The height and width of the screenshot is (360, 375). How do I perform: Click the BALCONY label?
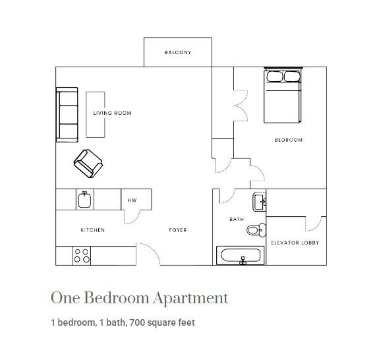click(x=178, y=52)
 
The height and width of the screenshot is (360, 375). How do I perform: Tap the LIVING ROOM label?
click(x=112, y=113)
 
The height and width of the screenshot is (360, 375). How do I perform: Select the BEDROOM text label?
click(x=288, y=140)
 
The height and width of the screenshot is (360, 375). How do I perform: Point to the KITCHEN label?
click(x=92, y=230)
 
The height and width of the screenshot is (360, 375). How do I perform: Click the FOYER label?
click(x=177, y=230)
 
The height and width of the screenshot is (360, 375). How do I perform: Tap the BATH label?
click(x=237, y=220)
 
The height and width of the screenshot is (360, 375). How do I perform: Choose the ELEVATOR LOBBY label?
click(x=295, y=243)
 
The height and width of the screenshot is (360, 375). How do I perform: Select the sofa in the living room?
click(x=67, y=115)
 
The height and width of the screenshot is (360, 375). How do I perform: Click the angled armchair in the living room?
click(x=88, y=162)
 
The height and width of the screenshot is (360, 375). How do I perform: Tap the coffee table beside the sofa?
click(x=96, y=114)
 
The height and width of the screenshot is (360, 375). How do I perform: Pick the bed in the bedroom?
click(x=283, y=96)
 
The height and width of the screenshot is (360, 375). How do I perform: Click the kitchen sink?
click(x=84, y=199)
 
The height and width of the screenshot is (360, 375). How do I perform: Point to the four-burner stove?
click(x=82, y=255)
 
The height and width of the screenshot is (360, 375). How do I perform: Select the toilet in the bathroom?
click(x=255, y=230)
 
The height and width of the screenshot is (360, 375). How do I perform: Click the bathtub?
click(x=241, y=256)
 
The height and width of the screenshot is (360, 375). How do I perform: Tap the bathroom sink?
click(x=258, y=201)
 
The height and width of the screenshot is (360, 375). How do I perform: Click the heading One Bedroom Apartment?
click(x=139, y=298)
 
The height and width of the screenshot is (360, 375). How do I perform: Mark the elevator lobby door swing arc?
click(x=318, y=223)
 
